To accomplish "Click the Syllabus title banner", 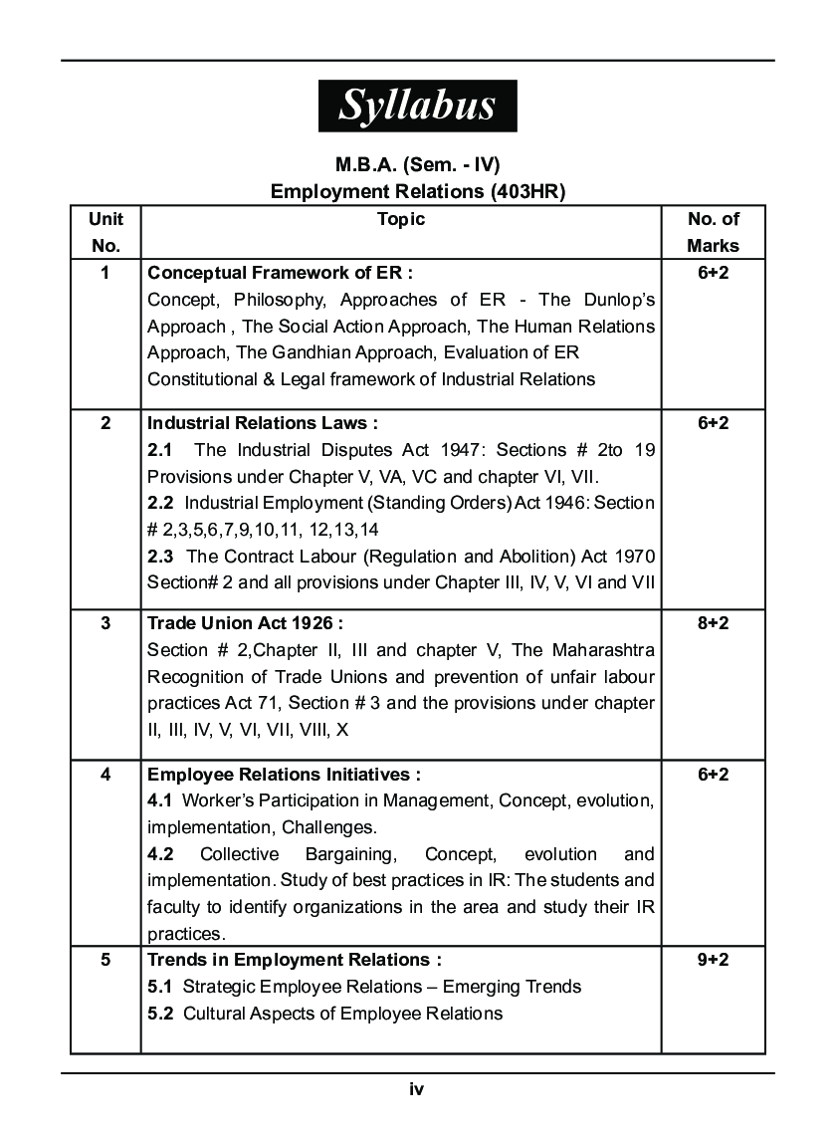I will click(417, 106).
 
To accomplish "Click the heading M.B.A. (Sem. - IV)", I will click(417, 165).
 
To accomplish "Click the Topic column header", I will click(401, 219).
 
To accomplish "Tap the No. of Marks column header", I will click(713, 232).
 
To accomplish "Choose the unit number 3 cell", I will click(104, 623).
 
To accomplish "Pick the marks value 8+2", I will click(713, 623).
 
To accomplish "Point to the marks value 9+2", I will click(713, 960).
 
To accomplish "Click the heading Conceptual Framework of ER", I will click(280, 273).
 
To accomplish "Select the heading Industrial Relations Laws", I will click(263, 423).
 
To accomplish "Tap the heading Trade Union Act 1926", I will click(245, 623).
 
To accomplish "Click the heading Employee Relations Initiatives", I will click(284, 774).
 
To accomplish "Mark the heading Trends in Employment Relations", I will click(295, 960).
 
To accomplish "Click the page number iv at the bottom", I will click(416, 1089).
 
